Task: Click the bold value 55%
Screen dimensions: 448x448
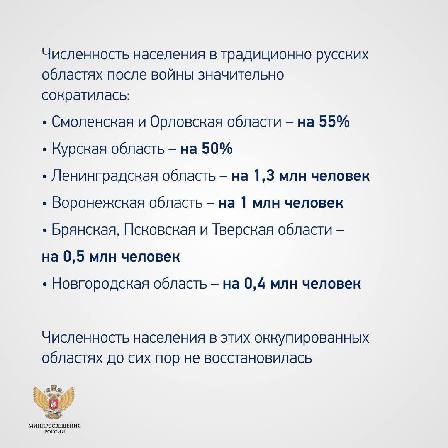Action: tap(334, 122)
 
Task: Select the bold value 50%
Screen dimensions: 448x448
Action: tap(217, 149)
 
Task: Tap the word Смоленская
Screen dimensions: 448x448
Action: tap(93, 122)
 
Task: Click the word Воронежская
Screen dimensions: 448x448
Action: tap(98, 203)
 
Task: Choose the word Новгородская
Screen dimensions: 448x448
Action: tap(100, 284)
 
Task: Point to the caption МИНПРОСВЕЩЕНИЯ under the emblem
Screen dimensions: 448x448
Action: tap(55, 426)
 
